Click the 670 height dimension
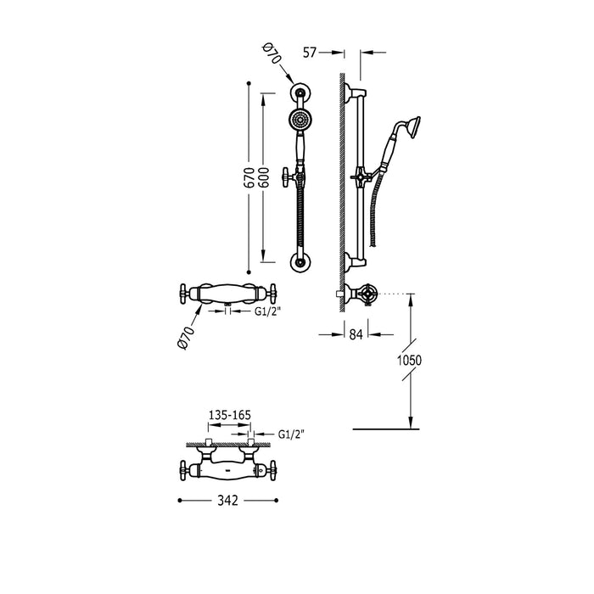pos(249,177)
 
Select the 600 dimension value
pos(265,177)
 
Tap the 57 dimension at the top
pos(311,53)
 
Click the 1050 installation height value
pos(408,360)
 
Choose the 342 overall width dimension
pos(227,502)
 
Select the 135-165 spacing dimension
pos(229,415)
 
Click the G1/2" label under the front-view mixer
pos(267,311)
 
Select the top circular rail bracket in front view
pos(299,92)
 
